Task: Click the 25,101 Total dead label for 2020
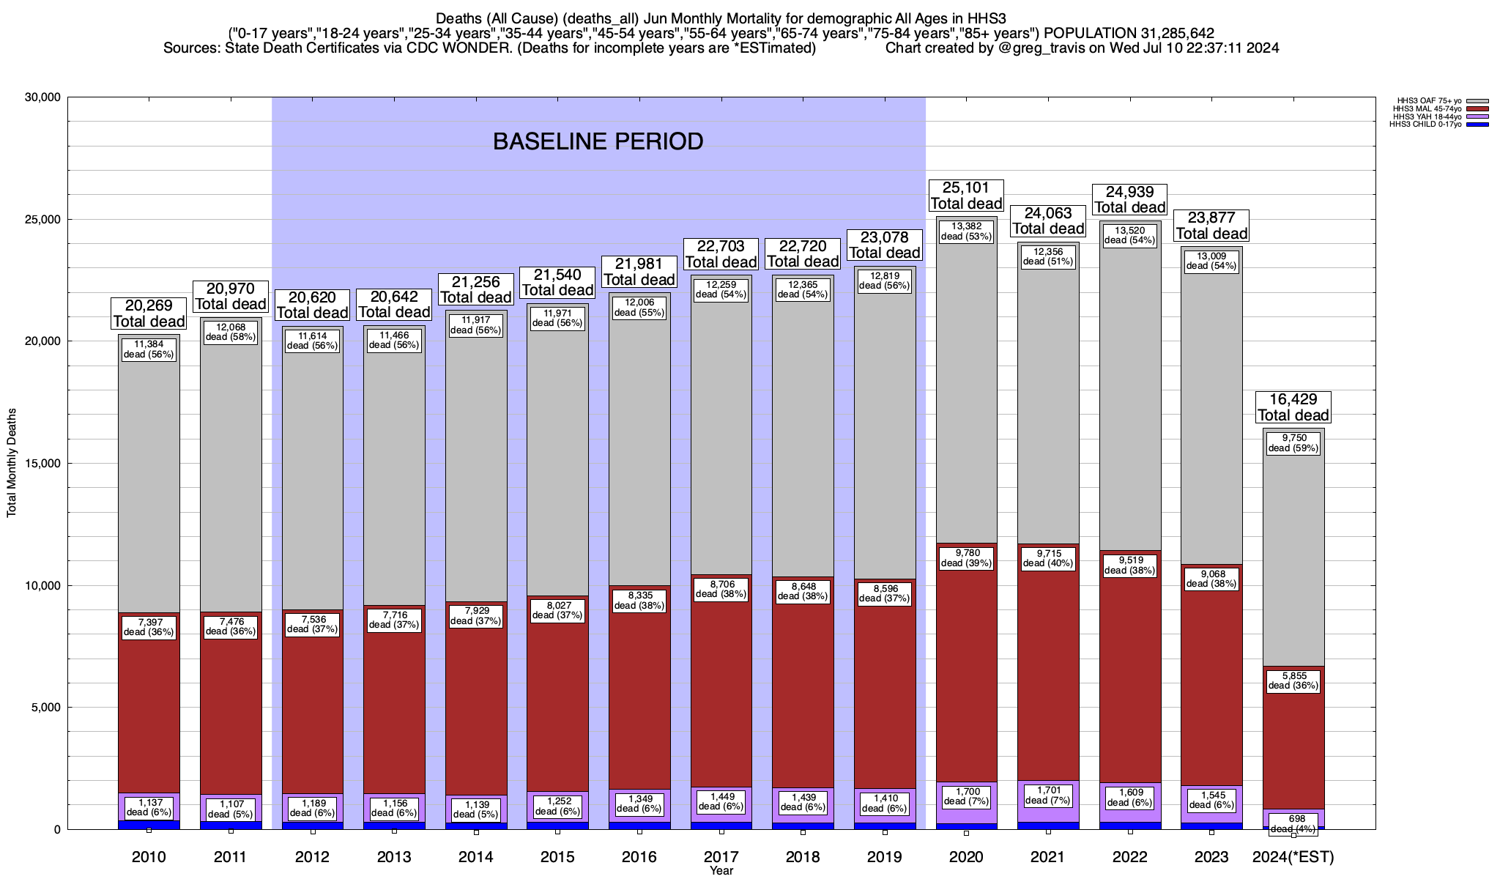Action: (x=966, y=196)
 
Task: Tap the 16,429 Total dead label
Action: (x=1293, y=407)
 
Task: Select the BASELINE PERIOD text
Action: (x=598, y=141)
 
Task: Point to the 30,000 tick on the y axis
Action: (x=42, y=97)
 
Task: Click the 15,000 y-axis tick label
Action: (x=42, y=464)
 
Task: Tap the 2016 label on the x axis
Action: (x=639, y=857)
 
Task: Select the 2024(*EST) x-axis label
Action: (x=1293, y=857)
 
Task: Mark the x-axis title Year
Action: (x=721, y=871)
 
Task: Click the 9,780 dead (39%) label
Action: (x=966, y=558)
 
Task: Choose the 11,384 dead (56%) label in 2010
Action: (x=149, y=349)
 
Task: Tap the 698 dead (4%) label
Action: (x=1293, y=823)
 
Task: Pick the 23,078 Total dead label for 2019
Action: (x=884, y=245)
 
